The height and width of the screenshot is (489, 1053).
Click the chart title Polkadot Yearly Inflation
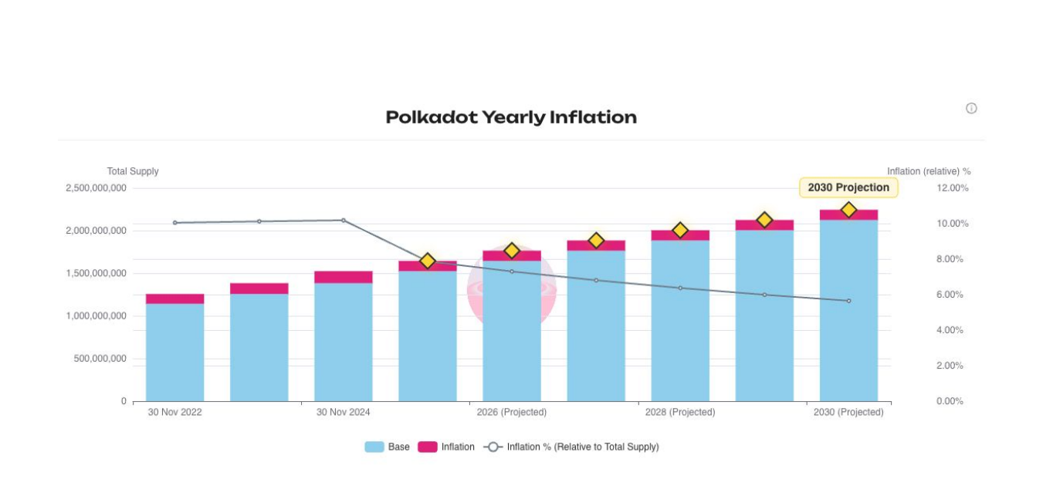[x=511, y=117]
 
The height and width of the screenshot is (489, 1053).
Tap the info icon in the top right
[x=971, y=109]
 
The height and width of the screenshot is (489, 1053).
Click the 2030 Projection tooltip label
[x=848, y=187]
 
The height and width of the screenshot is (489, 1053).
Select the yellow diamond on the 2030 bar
[x=848, y=210]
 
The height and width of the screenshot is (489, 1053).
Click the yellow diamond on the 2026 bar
[x=512, y=251]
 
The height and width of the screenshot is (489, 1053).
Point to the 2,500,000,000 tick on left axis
[x=96, y=188]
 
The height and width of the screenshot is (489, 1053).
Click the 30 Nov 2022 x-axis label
[x=174, y=413]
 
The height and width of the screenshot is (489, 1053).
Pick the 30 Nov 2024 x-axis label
[x=343, y=413]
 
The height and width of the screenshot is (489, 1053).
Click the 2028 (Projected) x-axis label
[x=679, y=413]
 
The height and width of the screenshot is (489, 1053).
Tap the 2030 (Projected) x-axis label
[x=848, y=413]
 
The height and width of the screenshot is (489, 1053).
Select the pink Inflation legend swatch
[x=428, y=447]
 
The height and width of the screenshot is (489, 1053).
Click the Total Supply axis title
[x=133, y=171]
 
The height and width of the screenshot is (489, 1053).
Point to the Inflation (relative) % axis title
[x=928, y=171]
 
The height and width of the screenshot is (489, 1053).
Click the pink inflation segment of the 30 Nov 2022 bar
[x=174, y=298]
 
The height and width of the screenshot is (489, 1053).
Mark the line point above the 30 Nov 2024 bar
[x=344, y=221]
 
